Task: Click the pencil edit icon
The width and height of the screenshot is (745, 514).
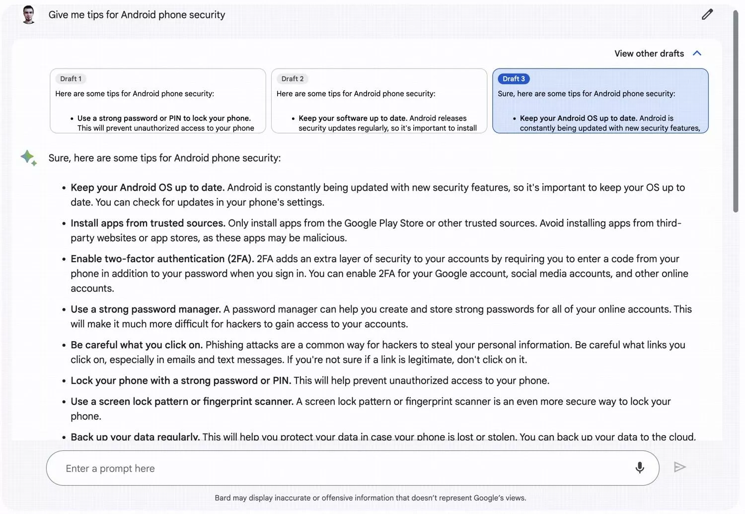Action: point(707,14)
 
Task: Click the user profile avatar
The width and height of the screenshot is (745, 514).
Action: point(29,14)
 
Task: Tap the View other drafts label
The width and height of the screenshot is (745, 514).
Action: point(649,54)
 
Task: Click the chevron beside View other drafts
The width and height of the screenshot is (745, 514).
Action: point(697,53)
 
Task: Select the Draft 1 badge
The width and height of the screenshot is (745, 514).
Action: point(71,79)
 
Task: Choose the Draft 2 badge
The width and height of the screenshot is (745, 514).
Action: point(292,79)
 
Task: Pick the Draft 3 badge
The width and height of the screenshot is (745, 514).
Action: point(514,79)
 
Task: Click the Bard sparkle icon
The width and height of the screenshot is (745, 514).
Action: point(28,158)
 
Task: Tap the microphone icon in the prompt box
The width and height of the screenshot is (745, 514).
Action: point(640,467)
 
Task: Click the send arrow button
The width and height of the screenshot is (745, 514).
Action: point(679,467)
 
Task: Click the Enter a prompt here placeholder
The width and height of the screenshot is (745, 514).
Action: point(110,468)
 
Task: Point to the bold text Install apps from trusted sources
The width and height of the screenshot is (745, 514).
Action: point(148,223)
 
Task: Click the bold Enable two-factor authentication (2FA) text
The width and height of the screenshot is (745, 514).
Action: point(162,259)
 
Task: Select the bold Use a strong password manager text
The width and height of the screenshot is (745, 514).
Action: point(146,309)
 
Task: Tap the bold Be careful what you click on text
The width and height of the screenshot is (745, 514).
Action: point(137,345)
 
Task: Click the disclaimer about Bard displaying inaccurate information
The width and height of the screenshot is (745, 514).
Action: point(370,498)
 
